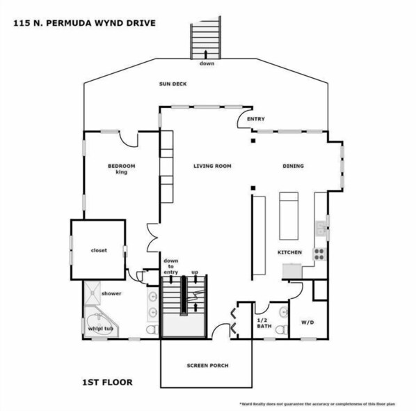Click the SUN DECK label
point(173,84)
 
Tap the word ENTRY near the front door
point(256,118)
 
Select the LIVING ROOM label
point(212,166)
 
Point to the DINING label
point(293,166)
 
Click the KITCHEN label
point(289,252)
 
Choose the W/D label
point(307,323)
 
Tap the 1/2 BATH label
point(264,323)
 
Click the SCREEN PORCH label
point(207,366)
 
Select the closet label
point(99,250)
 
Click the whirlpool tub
point(99,323)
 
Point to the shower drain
point(93,293)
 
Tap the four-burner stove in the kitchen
point(319,254)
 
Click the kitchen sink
point(321,228)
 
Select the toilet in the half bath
point(281,329)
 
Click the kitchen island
point(289,216)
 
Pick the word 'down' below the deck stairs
point(207,63)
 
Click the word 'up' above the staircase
point(195,272)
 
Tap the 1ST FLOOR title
point(107,382)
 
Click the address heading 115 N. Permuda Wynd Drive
point(84,23)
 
